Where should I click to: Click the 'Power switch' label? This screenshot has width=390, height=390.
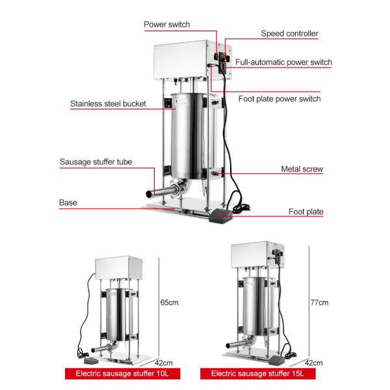pyautogui.click(x=166, y=25)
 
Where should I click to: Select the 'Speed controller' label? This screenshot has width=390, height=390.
pyautogui.click(x=289, y=33)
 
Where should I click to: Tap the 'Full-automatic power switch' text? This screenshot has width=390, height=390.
pyautogui.click(x=283, y=62)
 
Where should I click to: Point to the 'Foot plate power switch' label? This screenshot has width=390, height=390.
pyautogui.click(x=279, y=99)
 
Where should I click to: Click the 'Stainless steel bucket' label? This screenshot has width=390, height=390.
pyautogui.click(x=108, y=103)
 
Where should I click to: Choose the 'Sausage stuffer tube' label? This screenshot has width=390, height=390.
pyautogui.click(x=96, y=162)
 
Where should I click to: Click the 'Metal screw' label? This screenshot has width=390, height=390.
pyautogui.click(x=302, y=169)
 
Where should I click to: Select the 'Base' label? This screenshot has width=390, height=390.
pyautogui.click(x=68, y=203)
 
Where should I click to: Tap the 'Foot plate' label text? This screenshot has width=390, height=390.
pyautogui.click(x=305, y=211)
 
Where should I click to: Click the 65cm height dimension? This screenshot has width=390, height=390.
pyautogui.click(x=169, y=302)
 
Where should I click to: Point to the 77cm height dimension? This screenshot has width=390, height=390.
pyautogui.click(x=319, y=302)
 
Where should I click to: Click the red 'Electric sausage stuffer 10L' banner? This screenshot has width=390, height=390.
pyautogui.click(x=122, y=374)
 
